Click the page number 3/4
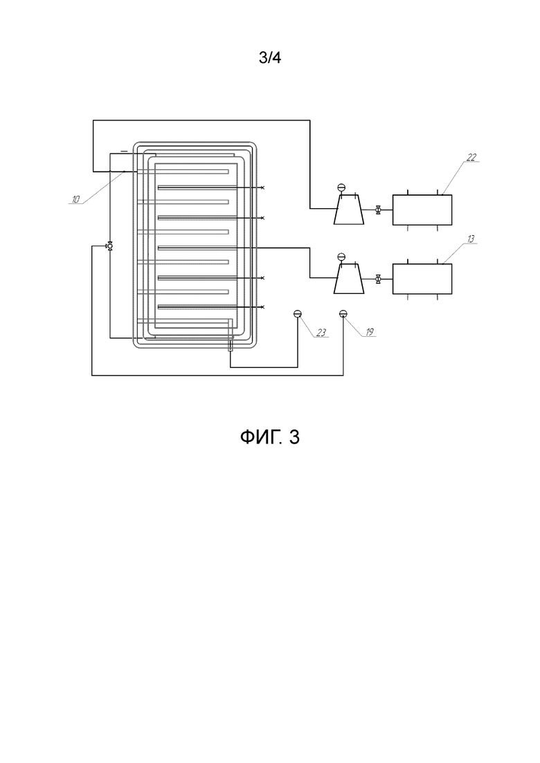coord(270,58)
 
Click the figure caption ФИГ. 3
coord(270,437)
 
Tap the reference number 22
coord(471,157)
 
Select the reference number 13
coord(471,239)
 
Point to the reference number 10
coord(76,199)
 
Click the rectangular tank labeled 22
coord(422,210)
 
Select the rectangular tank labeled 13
coord(422,279)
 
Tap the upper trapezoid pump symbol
coord(349,210)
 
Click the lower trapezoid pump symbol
coord(349,279)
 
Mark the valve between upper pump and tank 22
coord(378,210)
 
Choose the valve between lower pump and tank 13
coord(378,279)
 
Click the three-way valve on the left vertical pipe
coord(110,246)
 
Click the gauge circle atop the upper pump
coord(341,188)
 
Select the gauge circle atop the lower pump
coord(341,257)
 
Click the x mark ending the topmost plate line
coord(263,188)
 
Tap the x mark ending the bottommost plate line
coord(263,307)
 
